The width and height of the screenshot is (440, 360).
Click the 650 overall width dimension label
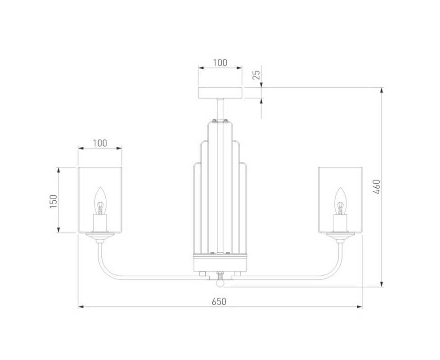(x=219, y=301)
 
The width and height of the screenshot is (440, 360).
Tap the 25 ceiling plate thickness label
(x=256, y=75)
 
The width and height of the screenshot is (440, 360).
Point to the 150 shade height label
(x=54, y=201)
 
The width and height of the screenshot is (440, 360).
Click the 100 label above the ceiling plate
(x=220, y=63)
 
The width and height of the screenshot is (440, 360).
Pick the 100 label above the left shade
(x=100, y=143)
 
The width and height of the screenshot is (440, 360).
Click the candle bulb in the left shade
(x=100, y=201)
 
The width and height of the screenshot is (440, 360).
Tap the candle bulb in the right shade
(x=341, y=201)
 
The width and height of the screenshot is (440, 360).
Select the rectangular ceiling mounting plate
(x=220, y=93)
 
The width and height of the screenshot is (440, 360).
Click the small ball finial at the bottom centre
(x=220, y=283)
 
